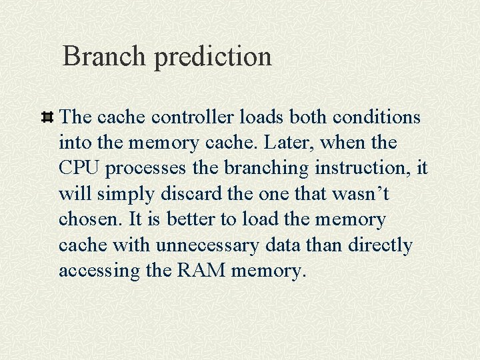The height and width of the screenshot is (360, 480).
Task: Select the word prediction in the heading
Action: pyautogui.click(x=213, y=57)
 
